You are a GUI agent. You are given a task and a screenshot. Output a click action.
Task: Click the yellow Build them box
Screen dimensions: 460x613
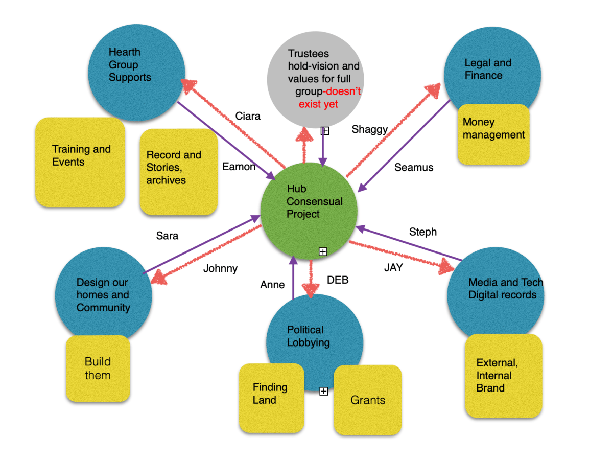pyautogui.click(x=98, y=369)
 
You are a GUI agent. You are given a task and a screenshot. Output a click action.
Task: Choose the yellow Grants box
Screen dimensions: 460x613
pyautogui.click(x=368, y=400)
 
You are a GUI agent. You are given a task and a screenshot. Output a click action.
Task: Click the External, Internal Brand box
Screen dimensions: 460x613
pyautogui.click(x=503, y=376)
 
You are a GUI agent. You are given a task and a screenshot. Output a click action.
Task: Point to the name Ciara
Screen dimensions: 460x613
pyautogui.click(x=248, y=116)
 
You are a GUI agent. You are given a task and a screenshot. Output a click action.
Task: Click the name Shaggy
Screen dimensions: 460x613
pyautogui.click(x=369, y=129)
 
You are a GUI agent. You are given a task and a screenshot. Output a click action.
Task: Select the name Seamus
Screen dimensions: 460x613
pyautogui.click(x=414, y=167)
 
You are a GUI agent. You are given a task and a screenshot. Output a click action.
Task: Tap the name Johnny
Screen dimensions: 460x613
pyautogui.click(x=220, y=268)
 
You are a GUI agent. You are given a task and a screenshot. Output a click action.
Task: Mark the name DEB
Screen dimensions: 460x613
pyautogui.click(x=338, y=280)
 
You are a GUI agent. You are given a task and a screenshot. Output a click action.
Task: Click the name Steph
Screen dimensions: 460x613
pyautogui.click(x=423, y=232)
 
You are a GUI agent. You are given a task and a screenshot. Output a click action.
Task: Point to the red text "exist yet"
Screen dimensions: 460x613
pyautogui.click(x=319, y=104)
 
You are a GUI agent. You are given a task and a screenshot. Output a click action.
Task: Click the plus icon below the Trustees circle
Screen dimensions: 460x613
pyautogui.click(x=325, y=131)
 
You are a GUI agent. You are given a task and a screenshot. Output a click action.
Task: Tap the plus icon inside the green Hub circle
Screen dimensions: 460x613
pyautogui.click(x=323, y=251)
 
